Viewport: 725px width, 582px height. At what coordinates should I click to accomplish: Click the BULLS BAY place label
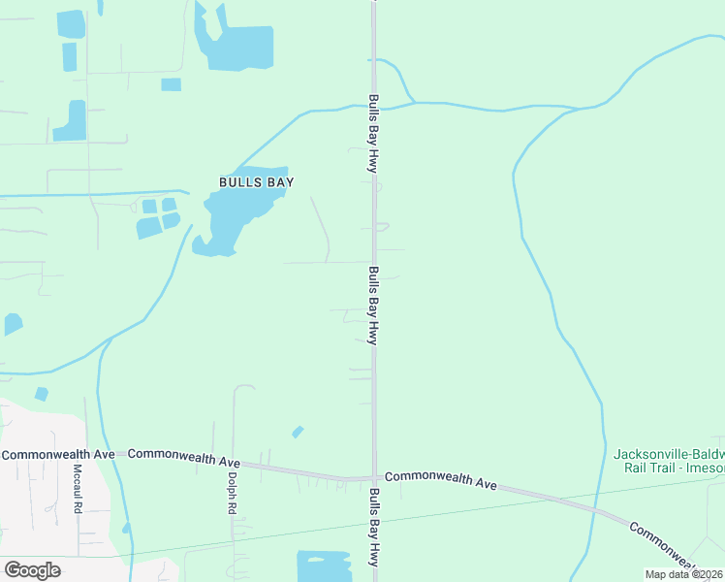256,181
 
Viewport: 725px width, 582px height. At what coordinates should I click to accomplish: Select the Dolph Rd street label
233,490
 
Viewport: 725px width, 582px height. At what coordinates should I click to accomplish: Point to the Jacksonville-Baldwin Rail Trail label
669,461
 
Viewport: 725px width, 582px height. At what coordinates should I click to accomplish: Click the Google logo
32,569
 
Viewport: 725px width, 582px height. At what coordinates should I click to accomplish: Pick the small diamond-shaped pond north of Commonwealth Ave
298,432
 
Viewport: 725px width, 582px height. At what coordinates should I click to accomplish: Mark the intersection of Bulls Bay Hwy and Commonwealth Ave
374,477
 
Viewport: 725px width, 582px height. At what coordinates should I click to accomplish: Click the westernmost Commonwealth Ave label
58,454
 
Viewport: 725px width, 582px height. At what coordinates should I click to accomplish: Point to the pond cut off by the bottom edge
324,566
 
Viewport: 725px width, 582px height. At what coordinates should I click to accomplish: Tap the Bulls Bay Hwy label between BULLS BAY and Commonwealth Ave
373,305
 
